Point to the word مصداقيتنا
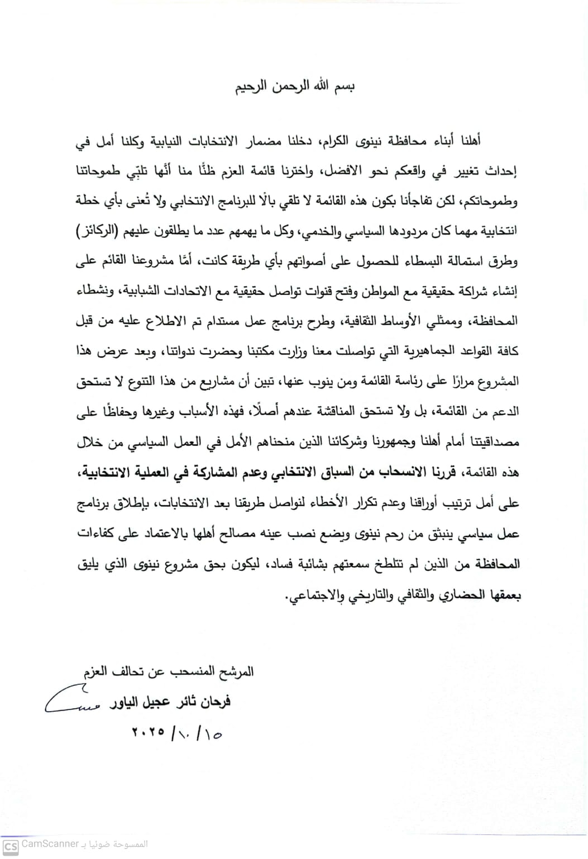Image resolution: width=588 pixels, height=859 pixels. click(492, 442)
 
